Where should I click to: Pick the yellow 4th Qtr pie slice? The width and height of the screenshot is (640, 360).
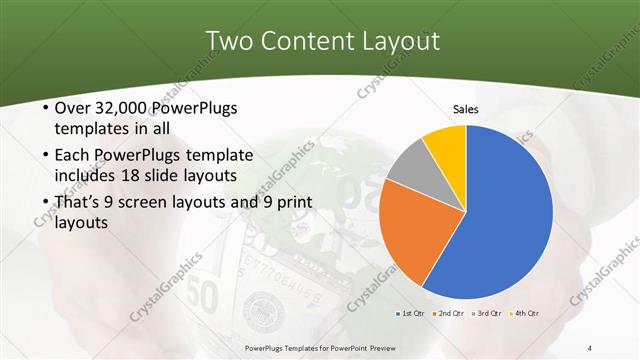(446, 144)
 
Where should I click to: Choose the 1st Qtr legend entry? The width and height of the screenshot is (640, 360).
(410, 314)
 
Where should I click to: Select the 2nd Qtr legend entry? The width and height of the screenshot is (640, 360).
(447, 314)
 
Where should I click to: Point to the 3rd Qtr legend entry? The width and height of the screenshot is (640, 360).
(485, 314)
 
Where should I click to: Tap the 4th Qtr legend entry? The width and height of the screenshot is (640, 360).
(523, 314)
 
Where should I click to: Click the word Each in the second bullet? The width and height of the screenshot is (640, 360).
(73, 155)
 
